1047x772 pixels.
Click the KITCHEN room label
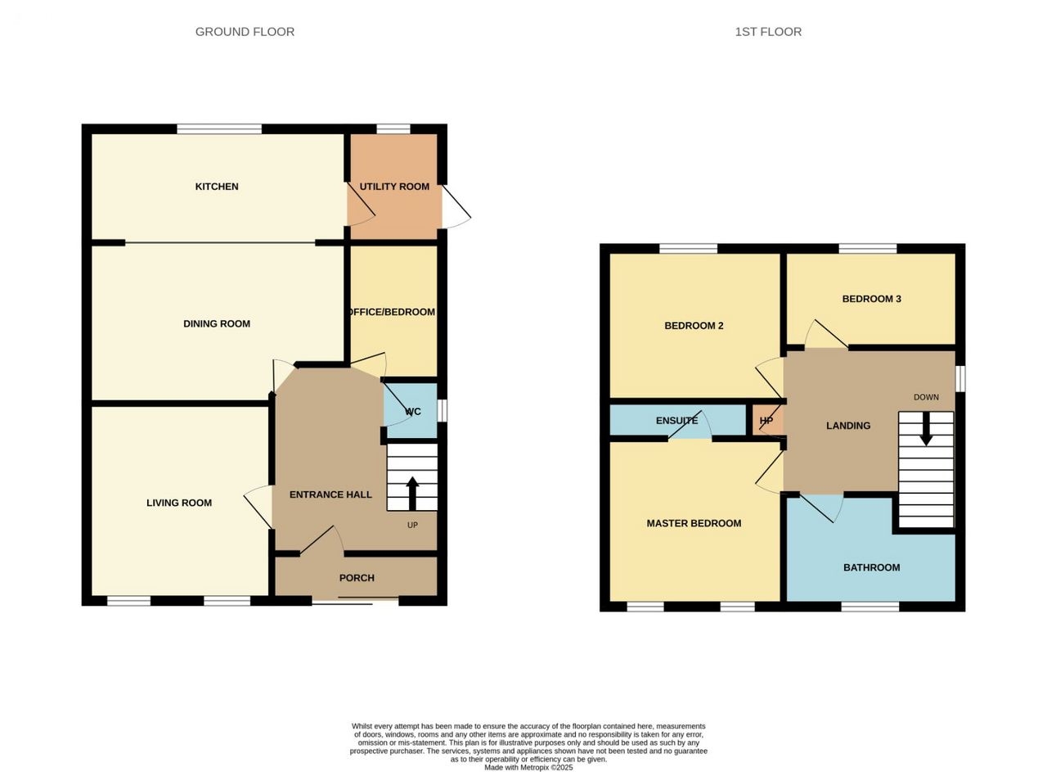coord(217,187)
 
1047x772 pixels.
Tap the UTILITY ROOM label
coord(394,187)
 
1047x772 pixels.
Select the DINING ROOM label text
coord(217,323)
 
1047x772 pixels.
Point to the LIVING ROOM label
coord(179,503)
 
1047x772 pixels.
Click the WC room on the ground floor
coord(411,411)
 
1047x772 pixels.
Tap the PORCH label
coord(357,578)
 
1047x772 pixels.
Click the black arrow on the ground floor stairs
coord(412,493)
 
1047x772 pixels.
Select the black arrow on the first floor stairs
coord(926,429)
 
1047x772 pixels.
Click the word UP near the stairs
coord(412,526)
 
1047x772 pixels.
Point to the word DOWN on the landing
coord(926,397)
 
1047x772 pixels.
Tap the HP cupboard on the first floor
coord(767,420)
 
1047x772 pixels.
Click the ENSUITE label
coord(676,421)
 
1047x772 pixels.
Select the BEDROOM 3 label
coord(871,299)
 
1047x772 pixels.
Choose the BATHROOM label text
coord(871,567)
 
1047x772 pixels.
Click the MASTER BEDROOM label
coord(694,523)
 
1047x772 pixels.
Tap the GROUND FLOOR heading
coord(245,32)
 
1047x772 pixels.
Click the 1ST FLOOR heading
coord(768,32)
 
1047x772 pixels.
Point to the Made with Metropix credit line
coord(528,768)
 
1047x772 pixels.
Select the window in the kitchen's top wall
coord(219,129)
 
